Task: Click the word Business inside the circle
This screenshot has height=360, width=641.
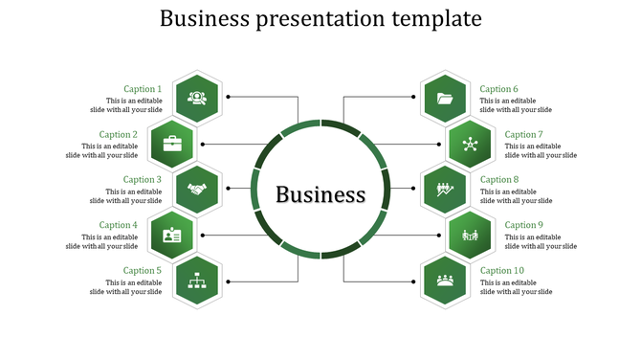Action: tap(320, 194)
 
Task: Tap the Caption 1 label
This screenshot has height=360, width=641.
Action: tap(143, 89)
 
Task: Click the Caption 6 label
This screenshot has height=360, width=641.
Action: tap(499, 89)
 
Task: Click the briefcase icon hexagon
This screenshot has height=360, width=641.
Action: tap(172, 144)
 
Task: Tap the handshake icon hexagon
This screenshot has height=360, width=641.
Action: tap(198, 189)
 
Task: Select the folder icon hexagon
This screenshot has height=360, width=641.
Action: tap(444, 98)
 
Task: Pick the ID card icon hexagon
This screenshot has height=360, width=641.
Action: tap(172, 235)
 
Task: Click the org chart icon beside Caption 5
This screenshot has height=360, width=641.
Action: tap(198, 280)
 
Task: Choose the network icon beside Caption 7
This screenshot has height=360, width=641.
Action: tap(470, 144)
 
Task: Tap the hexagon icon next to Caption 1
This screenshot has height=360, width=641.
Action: tap(198, 98)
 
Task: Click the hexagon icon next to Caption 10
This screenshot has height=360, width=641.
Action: tap(444, 280)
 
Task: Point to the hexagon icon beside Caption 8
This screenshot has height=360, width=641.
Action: tap(444, 189)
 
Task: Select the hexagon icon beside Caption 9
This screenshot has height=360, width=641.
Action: tap(470, 235)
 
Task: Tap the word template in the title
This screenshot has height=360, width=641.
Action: tap(431, 19)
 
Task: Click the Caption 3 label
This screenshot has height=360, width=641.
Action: tap(143, 179)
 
